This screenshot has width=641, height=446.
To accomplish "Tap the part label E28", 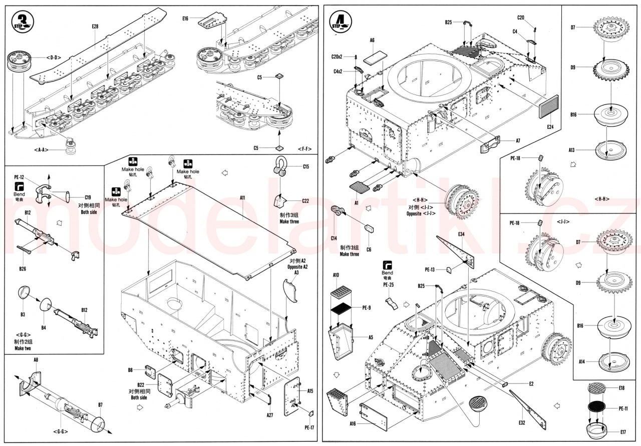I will pos(95,26).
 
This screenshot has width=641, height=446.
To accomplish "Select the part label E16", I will pos(185,18).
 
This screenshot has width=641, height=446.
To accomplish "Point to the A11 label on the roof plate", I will pos(242,197).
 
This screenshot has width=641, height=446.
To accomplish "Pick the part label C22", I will pos(305,201).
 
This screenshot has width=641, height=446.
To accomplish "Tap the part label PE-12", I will pos(20,177).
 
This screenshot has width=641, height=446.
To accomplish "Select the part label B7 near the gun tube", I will pos(100,404).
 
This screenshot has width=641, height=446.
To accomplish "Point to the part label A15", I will pos(310,391).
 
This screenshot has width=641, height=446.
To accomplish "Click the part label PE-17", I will pos(309,427).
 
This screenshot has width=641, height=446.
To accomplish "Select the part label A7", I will pos(518,141).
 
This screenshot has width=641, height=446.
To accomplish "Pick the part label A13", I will pos(572,149).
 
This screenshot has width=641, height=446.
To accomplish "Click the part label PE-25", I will pos(388,285).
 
